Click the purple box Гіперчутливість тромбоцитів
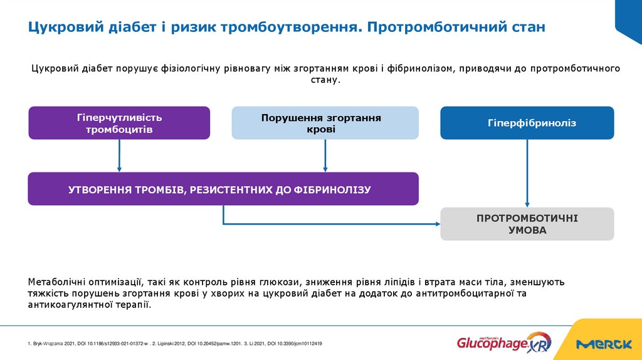click(119, 123)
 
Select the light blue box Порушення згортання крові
click(325, 123)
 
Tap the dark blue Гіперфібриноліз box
click(527, 123)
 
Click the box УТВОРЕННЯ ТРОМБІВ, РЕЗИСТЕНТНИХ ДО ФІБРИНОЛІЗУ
click(223, 189)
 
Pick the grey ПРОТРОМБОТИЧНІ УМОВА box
click(527, 224)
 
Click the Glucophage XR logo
click(495, 343)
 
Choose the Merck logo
click(604, 344)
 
